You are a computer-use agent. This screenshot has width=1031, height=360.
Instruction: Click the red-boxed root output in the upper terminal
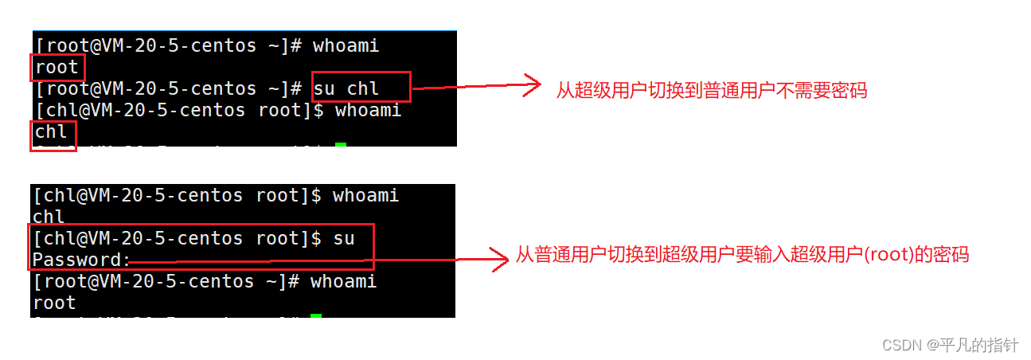(57, 68)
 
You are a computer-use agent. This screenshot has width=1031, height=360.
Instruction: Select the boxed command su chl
(347, 88)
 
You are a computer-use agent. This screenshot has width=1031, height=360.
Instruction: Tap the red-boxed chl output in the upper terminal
(52, 132)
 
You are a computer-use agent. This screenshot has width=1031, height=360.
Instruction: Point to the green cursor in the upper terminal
(341, 145)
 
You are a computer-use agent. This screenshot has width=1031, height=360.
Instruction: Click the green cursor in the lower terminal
(316, 317)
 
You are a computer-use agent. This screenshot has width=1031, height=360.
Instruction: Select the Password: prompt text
(80, 260)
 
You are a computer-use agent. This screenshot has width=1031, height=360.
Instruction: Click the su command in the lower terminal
(344, 238)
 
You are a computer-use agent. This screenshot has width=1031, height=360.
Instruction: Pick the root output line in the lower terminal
(54, 303)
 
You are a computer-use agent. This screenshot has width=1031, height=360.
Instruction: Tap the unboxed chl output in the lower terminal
(49, 217)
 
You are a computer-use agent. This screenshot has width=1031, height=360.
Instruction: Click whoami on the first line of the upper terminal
(346, 46)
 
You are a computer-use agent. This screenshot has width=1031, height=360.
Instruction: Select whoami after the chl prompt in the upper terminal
(368, 110)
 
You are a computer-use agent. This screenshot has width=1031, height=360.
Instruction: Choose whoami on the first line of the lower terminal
(365, 196)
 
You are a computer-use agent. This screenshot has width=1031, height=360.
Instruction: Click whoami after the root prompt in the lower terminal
(343, 281)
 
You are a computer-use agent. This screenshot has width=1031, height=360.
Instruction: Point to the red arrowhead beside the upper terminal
(533, 85)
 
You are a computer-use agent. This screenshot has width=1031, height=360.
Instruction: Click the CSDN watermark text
(900, 345)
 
